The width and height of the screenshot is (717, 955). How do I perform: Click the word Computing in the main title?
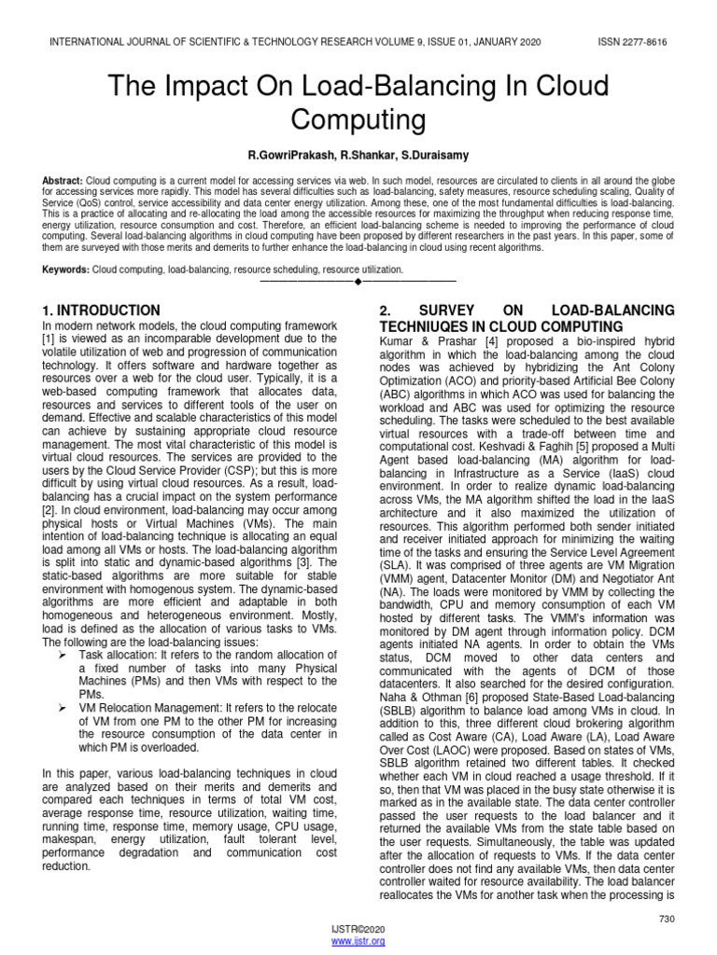point(358,120)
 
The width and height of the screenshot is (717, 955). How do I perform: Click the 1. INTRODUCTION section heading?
point(102,310)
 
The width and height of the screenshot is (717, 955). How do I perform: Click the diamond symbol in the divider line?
point(358,281)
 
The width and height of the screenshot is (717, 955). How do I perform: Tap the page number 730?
point(666,920)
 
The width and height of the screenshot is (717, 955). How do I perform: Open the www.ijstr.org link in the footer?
point(358,942)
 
